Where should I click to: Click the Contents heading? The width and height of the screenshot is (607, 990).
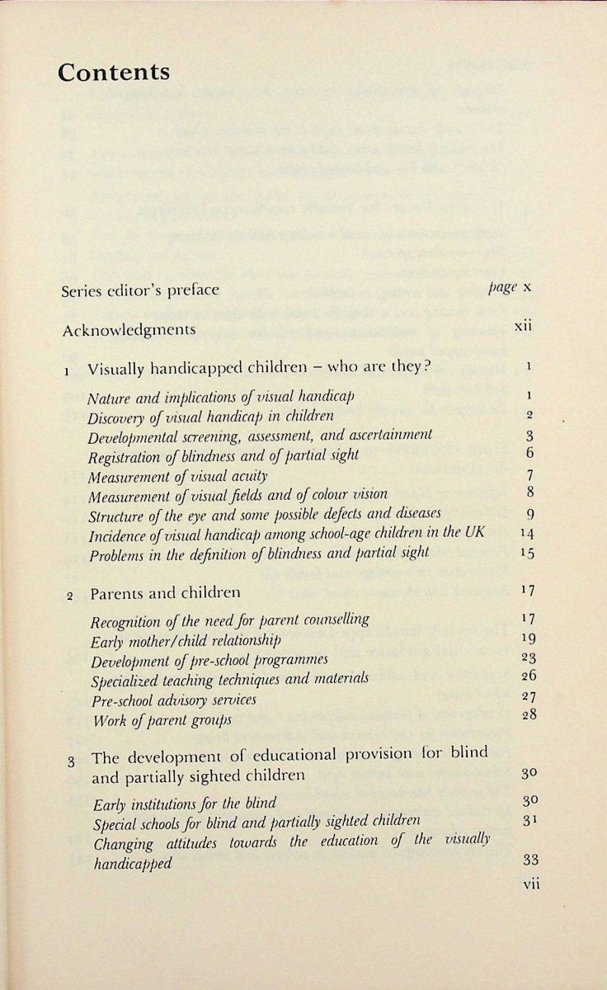point(114,72)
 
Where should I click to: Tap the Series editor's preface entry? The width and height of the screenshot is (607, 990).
point(141,290)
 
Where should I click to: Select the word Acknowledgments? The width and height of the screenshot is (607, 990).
point(129,329)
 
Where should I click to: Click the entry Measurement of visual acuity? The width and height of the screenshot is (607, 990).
point(178,475)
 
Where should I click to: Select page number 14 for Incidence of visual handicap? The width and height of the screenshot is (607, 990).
point(528,533)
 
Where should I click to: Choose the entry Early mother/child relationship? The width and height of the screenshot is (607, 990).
point(186,639)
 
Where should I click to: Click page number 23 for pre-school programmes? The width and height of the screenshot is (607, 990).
point(529,658)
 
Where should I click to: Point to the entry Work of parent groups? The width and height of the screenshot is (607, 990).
point(162,719)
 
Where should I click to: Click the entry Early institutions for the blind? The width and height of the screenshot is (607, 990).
point(185,802)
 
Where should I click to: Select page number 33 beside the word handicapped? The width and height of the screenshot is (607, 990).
point(530,860)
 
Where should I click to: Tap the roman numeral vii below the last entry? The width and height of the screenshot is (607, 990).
point(530,883)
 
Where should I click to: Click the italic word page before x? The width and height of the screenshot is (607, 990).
point(503,288)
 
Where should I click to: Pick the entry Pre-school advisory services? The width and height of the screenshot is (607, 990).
point(175,699)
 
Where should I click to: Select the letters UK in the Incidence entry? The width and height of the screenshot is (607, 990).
point(474,532)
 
